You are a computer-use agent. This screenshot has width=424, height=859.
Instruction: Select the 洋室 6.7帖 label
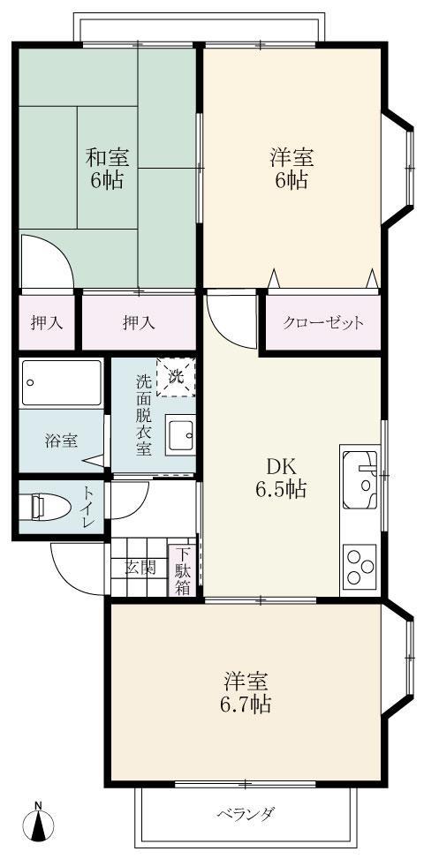246,692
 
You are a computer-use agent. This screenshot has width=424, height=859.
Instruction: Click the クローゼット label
323,323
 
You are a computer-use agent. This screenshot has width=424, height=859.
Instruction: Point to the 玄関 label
140,567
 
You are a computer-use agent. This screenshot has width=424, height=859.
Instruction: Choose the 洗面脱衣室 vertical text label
142,415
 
